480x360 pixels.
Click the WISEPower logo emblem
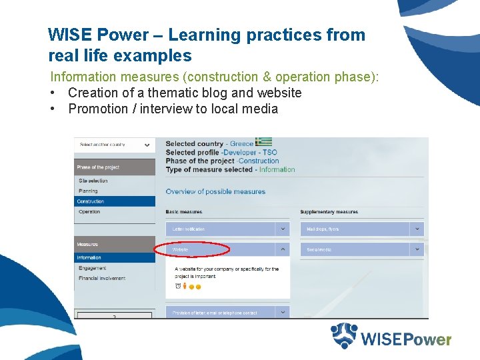point(344,336)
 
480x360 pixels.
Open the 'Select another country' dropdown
point(114,145)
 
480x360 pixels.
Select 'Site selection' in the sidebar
point(93,181)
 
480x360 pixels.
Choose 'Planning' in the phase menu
point(88,191)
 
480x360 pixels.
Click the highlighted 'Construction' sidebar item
point(91,201)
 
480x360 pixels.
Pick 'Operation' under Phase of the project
point(89,212)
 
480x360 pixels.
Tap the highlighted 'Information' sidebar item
point(89,257)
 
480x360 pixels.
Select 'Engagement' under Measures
point(92,268)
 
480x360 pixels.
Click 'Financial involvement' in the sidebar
point(102,278)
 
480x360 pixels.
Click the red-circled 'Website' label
point(181,250)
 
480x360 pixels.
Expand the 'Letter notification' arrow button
point(283,229)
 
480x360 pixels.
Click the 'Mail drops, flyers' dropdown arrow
point(417,229)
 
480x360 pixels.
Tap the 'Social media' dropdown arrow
point(417,249)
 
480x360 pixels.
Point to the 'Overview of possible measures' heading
point(215,192)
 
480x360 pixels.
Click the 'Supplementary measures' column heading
point(329,212)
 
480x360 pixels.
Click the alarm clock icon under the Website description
point(177,286)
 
